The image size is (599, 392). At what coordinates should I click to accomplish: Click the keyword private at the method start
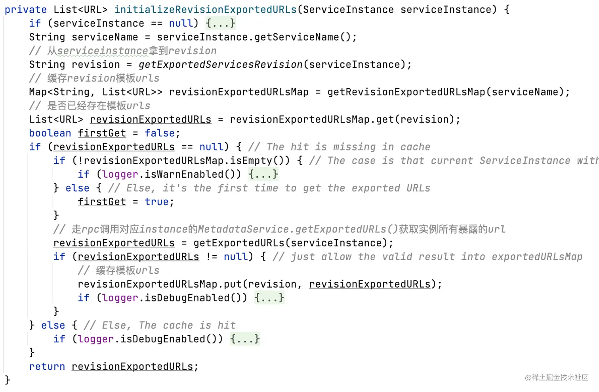pos(25,10)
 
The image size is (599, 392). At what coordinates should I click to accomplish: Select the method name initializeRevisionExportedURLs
pos(205,10)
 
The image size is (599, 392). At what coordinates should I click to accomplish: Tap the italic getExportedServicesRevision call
pos(220,65)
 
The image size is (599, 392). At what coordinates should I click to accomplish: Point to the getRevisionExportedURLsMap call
pos(406,92)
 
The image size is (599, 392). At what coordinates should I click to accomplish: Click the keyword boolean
pos(50,133)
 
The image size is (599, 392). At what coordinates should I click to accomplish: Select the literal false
pos(160,133)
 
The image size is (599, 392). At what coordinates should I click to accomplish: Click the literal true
pos(157,202)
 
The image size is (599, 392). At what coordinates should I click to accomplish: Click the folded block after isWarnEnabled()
pos(263,175)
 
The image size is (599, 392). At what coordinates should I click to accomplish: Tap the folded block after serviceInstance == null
pos(221,23)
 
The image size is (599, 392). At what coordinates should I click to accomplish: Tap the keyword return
pos(47,367)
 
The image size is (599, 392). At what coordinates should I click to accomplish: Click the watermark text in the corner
pos(557,378)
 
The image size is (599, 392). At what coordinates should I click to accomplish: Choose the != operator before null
pos(212,257)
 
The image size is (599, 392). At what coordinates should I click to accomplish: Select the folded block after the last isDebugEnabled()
pos(245,339)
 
